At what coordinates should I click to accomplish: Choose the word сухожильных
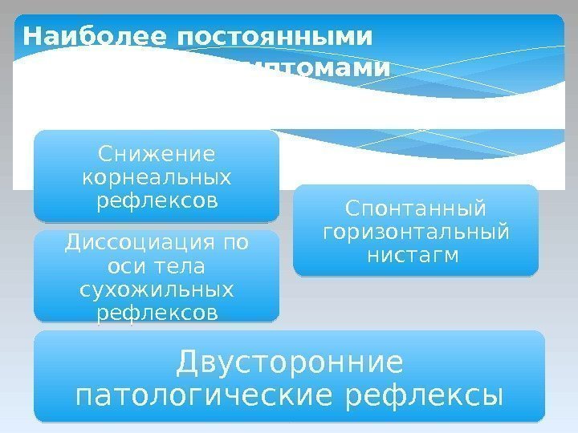pyautogui.click(x=157, y=289)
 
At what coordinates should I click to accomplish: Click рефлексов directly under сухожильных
pyautogui.click(x=157, y=312)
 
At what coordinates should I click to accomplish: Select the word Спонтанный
pyautogui.click(x=415, y=209)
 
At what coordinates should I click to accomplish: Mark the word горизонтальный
pyautogui.click(x=415, y=233)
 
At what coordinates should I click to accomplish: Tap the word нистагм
pyautogui.click(x=415, y=256)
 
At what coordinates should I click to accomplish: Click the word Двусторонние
pyautogui.click(x=289, y=362)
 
